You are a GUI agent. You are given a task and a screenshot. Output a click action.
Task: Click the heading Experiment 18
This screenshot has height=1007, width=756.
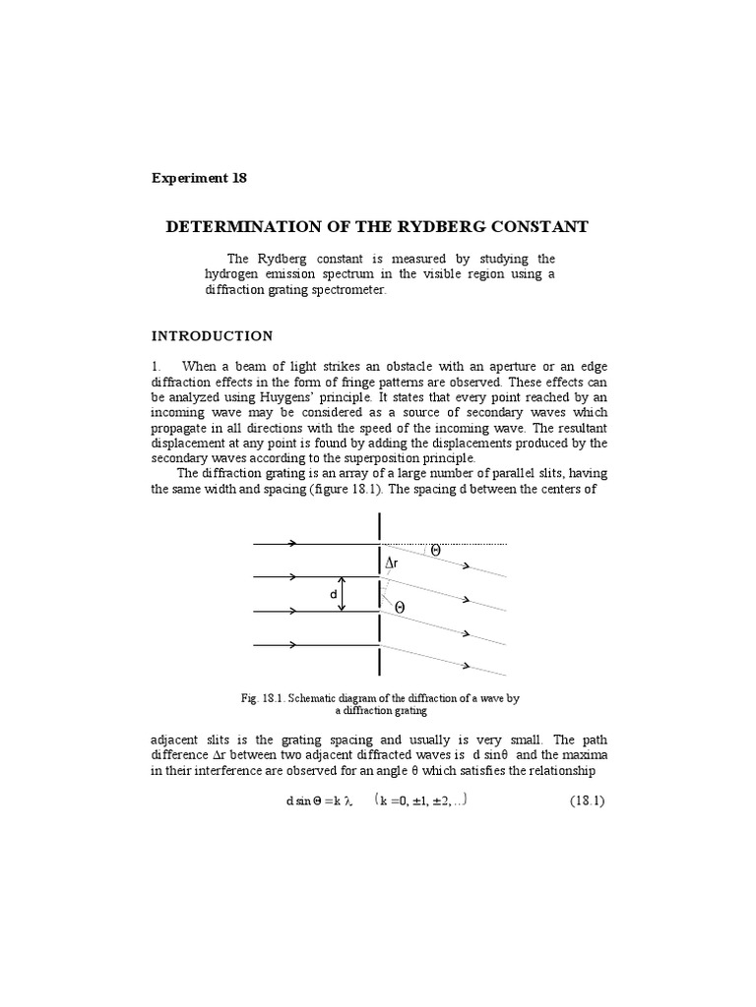(x=199, y=178)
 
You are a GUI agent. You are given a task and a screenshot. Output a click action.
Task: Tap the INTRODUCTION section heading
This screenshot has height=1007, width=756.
(x=212, y=336)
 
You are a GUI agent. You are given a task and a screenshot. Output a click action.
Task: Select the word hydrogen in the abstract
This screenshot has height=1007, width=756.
(x=235, y=274)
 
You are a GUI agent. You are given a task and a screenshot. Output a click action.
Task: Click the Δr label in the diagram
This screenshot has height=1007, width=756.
(x=393, y=563)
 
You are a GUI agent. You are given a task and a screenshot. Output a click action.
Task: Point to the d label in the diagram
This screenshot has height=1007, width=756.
(x=334, y=594)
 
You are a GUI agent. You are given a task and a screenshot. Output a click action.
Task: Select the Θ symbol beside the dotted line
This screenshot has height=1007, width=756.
(x=435, y=552)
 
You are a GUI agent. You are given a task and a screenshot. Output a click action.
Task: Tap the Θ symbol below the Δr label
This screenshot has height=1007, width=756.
(x=399, y=609)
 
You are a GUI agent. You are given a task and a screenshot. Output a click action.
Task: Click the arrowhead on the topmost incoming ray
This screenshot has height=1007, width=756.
(x=294, y=543)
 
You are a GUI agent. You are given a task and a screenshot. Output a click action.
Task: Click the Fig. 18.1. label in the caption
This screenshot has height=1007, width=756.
(x=264, y=698)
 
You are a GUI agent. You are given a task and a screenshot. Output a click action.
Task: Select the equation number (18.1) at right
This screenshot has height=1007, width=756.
(x=587, y=800)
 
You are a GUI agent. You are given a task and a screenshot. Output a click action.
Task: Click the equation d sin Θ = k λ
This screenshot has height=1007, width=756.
(x=319, y=800)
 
